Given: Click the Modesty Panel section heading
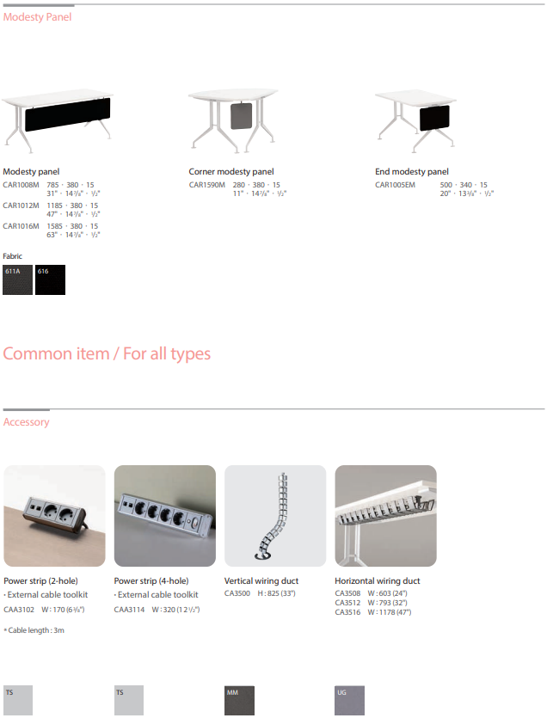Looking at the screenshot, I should [x=37, y=17].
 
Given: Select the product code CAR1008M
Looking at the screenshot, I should [x=21, y=185].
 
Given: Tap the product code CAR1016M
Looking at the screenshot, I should [x=21, y=226].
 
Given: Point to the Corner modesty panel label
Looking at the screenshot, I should [x=231, y=172].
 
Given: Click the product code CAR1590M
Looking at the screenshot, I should [x=207, y=185].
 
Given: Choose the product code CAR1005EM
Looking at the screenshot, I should [x=395, y=185].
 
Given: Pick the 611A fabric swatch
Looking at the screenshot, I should [x=17, y=280].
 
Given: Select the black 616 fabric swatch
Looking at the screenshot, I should [x=50, y=280].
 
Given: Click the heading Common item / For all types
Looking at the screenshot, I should [x=107, y=354].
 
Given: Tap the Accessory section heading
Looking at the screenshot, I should [x=27, y=422].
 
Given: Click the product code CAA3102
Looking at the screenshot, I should [x=18, y=610].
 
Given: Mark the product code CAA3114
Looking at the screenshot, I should [x=128, y=610].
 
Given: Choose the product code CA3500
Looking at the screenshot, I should [x=237, y=592].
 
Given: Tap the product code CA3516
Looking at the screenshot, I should [x=347, y=612].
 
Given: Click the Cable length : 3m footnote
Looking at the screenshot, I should [x=34, y=630].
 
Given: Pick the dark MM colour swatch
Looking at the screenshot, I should [x=239, y=701].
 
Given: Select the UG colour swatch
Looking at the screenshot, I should [x=349, y=701].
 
